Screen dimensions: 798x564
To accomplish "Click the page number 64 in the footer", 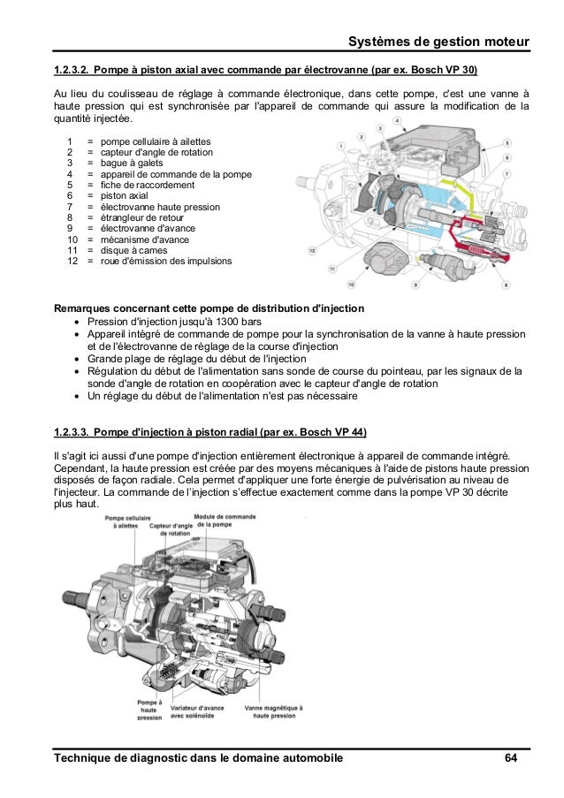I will point(510,758).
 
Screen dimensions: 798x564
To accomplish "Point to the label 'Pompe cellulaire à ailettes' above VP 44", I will point(125,521).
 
